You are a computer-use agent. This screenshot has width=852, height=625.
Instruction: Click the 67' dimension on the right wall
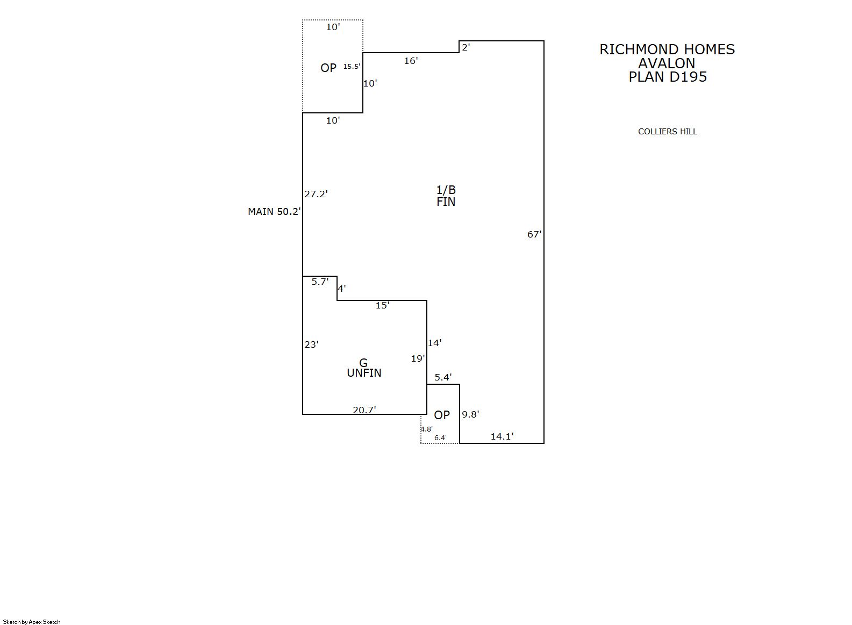coord(534,234)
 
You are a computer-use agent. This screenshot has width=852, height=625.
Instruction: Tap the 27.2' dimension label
coord(316,194)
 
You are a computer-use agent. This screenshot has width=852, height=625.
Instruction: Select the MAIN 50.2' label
coord(274,212)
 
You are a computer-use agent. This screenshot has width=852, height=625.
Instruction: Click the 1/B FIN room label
coord(446,196)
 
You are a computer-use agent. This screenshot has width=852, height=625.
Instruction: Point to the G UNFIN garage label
coord(364,368)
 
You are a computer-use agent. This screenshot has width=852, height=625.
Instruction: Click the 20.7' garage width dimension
coord(364,410)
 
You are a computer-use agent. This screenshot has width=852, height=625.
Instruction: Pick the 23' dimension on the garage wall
coord(311,344)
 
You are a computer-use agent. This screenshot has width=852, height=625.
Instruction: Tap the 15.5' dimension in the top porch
coord(352,67)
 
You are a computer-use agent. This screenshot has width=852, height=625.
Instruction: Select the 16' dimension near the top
coord(411,61)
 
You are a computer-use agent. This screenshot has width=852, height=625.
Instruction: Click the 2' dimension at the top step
coord(466,47)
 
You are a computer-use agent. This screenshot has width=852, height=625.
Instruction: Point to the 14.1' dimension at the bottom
coord(502,436)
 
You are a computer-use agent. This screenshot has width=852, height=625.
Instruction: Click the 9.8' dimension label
coord(470,414)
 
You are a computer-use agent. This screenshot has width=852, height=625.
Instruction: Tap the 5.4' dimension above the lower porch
coord(443,377)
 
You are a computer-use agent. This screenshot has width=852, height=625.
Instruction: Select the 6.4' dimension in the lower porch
coord(440,438)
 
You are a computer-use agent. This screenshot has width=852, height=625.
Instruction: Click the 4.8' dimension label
coord(426,429)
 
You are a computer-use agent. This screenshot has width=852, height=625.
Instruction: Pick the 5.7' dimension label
coord(320,282)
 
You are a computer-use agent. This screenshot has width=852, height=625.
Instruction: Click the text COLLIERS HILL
coord(667,132)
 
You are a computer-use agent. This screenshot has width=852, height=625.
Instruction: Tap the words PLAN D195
coord(668,77)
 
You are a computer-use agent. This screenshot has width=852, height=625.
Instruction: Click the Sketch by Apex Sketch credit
coord(32,622)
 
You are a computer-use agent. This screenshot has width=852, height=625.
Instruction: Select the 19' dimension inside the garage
coord(418,358)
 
